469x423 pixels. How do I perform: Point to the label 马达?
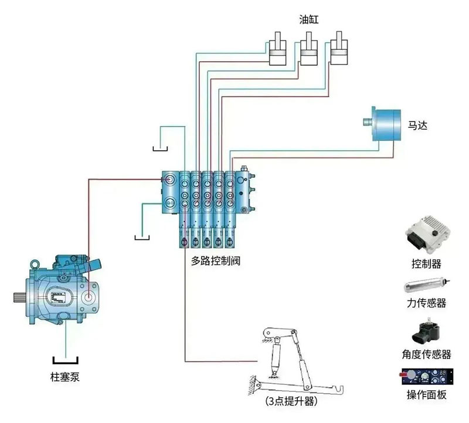418,125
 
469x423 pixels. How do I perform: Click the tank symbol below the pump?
65,360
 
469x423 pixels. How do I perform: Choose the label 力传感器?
426,303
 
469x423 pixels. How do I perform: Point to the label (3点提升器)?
291,402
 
